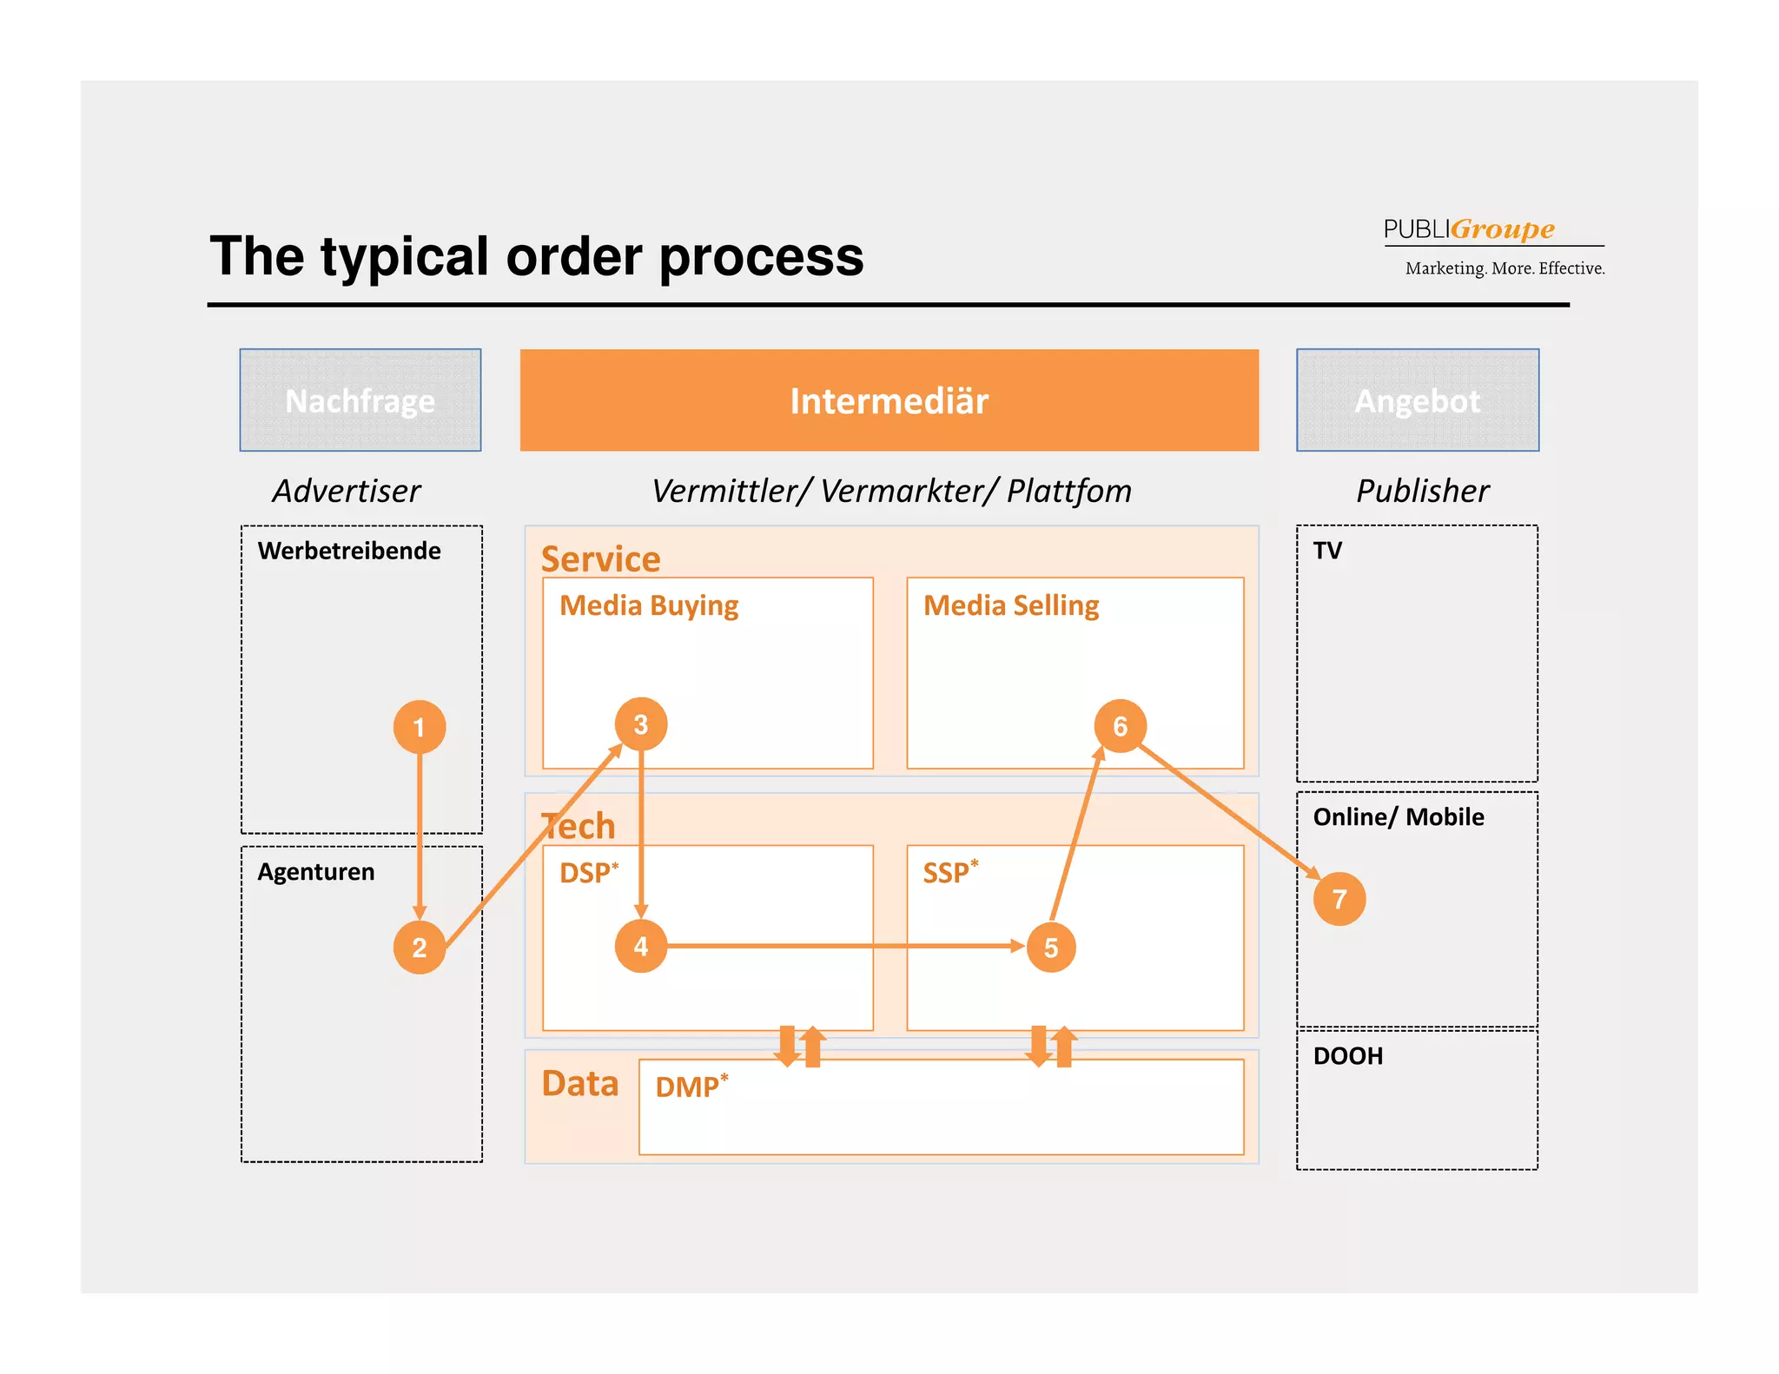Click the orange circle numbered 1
tap(420, 727)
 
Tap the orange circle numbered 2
tap(420, 948)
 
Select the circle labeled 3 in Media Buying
tap(641, 724)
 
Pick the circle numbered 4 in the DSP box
tap(641, 946)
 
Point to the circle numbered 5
tap(1051, 948)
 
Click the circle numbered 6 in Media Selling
tap(1121, 725)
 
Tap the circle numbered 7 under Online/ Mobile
tap(1339, 899)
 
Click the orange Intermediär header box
tap(889, 400)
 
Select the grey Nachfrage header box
tap(360, 400)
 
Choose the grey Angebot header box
tap(1418, 400)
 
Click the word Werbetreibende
tap(349, 551)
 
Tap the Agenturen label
tap(316, 872)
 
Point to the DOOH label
tap(1347, 1056)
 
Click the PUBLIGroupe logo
tap(1470, 229)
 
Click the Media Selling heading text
tap(1011, 605)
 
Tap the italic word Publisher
tap(1423, 491)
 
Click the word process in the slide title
tap(761, 257)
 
